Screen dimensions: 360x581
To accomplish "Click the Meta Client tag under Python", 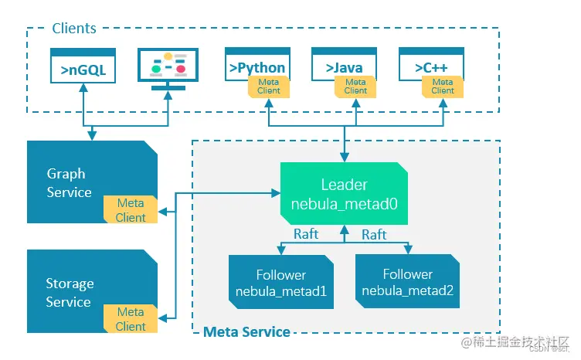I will pos(269,86).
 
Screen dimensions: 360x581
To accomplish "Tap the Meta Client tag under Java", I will pos(355,86).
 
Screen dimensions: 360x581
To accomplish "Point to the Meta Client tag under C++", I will pos(443,86).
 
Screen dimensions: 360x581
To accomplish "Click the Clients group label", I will pos(74,29).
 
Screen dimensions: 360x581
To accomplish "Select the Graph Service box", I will pos(70,182).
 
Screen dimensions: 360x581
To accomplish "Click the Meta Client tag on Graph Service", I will pos(131,210).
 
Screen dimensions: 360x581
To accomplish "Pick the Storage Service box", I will pos(70,292).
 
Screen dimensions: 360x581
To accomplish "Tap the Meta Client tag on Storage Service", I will pos(131,319).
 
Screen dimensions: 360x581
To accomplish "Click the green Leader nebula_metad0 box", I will pos(344,194).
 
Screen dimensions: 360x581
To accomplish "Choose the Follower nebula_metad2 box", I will pos(407,282).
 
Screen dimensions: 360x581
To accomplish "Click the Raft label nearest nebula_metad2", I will pos(374,234).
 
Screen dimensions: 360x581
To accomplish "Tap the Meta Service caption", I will pos(246,332).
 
